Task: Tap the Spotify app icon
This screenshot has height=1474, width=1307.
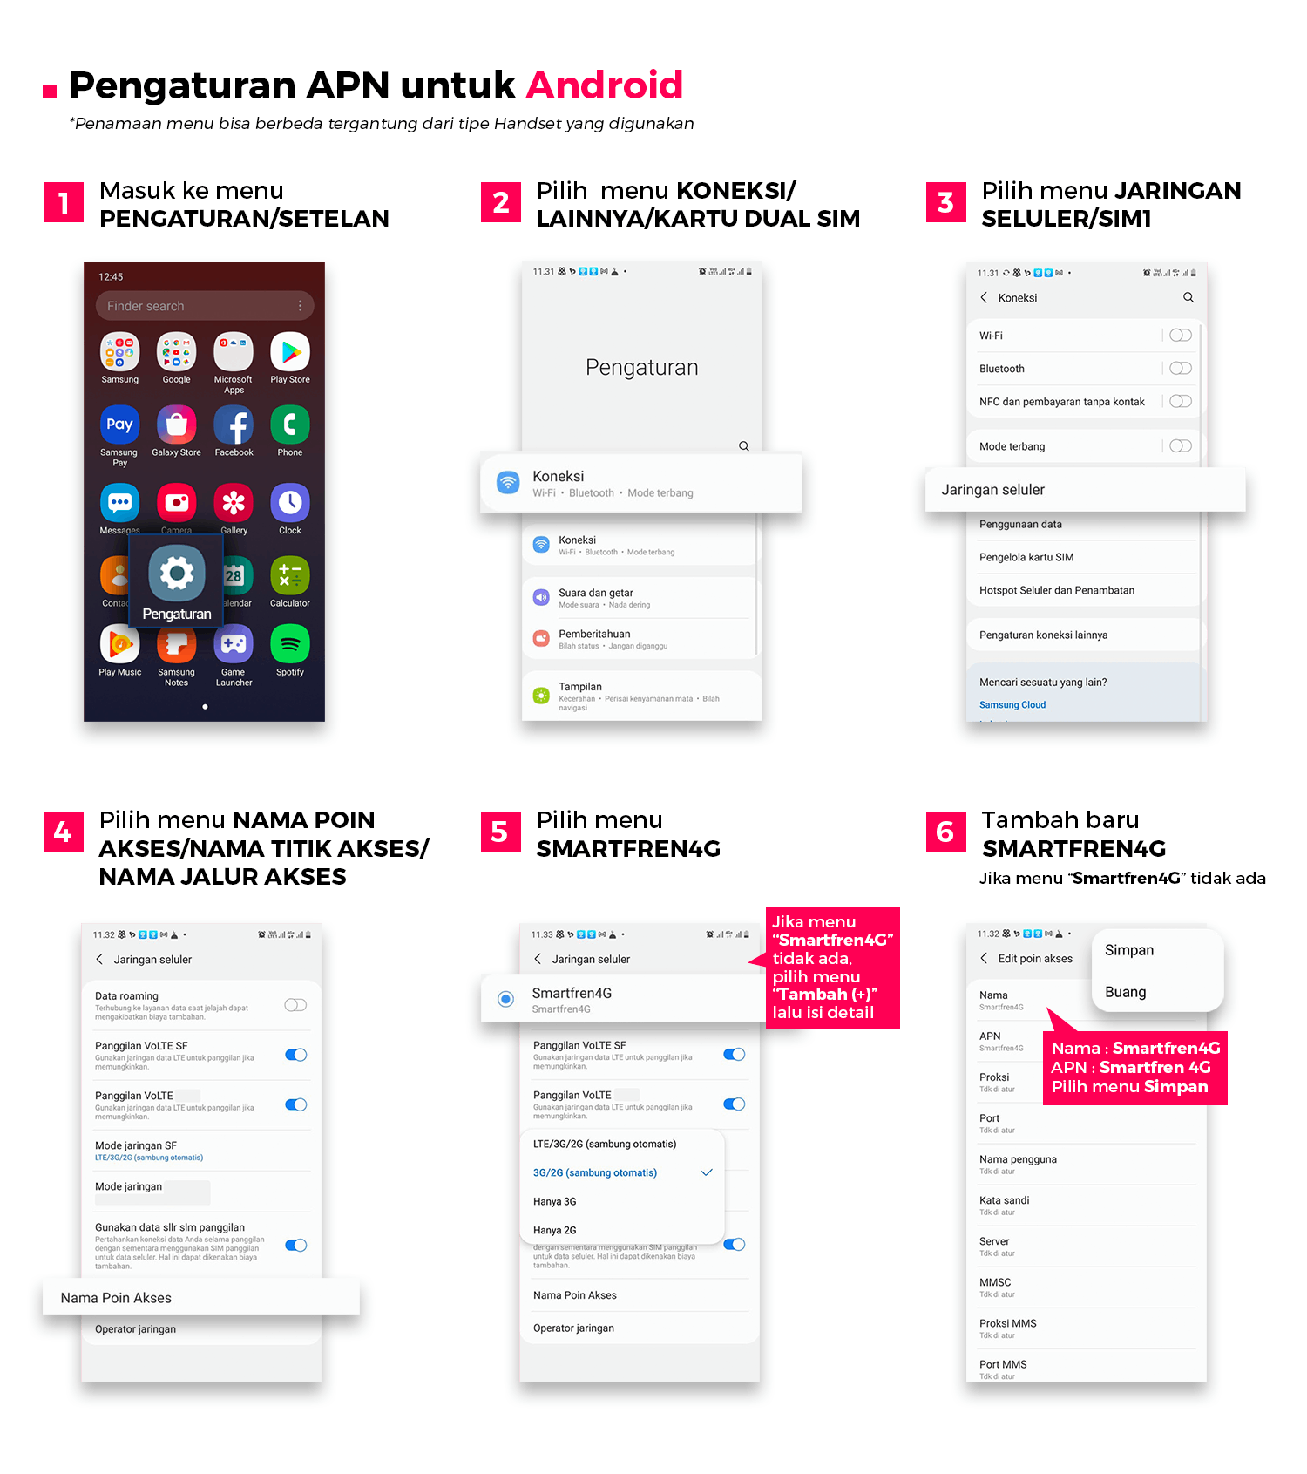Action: point(290,645)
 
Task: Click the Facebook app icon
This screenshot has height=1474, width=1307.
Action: point(234,425)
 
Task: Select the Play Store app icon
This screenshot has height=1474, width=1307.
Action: point(290,352)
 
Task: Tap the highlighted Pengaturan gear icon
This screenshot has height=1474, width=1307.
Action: point(177,574)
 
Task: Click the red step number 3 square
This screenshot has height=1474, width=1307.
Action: point(945,202)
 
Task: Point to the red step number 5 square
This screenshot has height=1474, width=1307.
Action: point(500,832)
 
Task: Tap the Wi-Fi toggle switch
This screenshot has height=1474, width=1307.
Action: point(1181,336)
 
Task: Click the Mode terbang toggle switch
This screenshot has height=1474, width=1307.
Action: point(1181,446)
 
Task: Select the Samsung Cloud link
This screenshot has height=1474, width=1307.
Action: point(1012,705)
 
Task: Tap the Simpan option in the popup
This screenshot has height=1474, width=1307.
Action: point(1129,950)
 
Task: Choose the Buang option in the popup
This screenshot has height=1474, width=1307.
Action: point(1126,992)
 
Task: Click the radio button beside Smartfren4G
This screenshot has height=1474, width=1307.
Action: point(505,999)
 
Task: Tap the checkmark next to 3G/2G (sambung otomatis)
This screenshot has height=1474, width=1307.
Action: point(707,1172)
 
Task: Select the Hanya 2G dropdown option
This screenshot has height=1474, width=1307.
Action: point(555,1230)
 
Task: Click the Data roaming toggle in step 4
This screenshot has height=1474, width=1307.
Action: point(295,1005)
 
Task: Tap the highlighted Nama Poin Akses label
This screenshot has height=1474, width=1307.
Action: point(117,1298)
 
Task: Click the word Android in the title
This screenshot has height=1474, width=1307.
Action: point(605,85)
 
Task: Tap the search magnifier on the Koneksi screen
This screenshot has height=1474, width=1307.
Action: point(1188,298)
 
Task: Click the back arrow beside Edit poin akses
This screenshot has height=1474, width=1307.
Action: point(984,959)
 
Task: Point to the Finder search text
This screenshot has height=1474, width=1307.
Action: point(146,306)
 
